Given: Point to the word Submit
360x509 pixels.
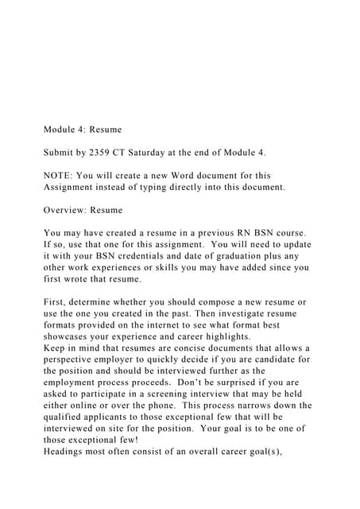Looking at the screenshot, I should pyautogui.click(x=61, y=151).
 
